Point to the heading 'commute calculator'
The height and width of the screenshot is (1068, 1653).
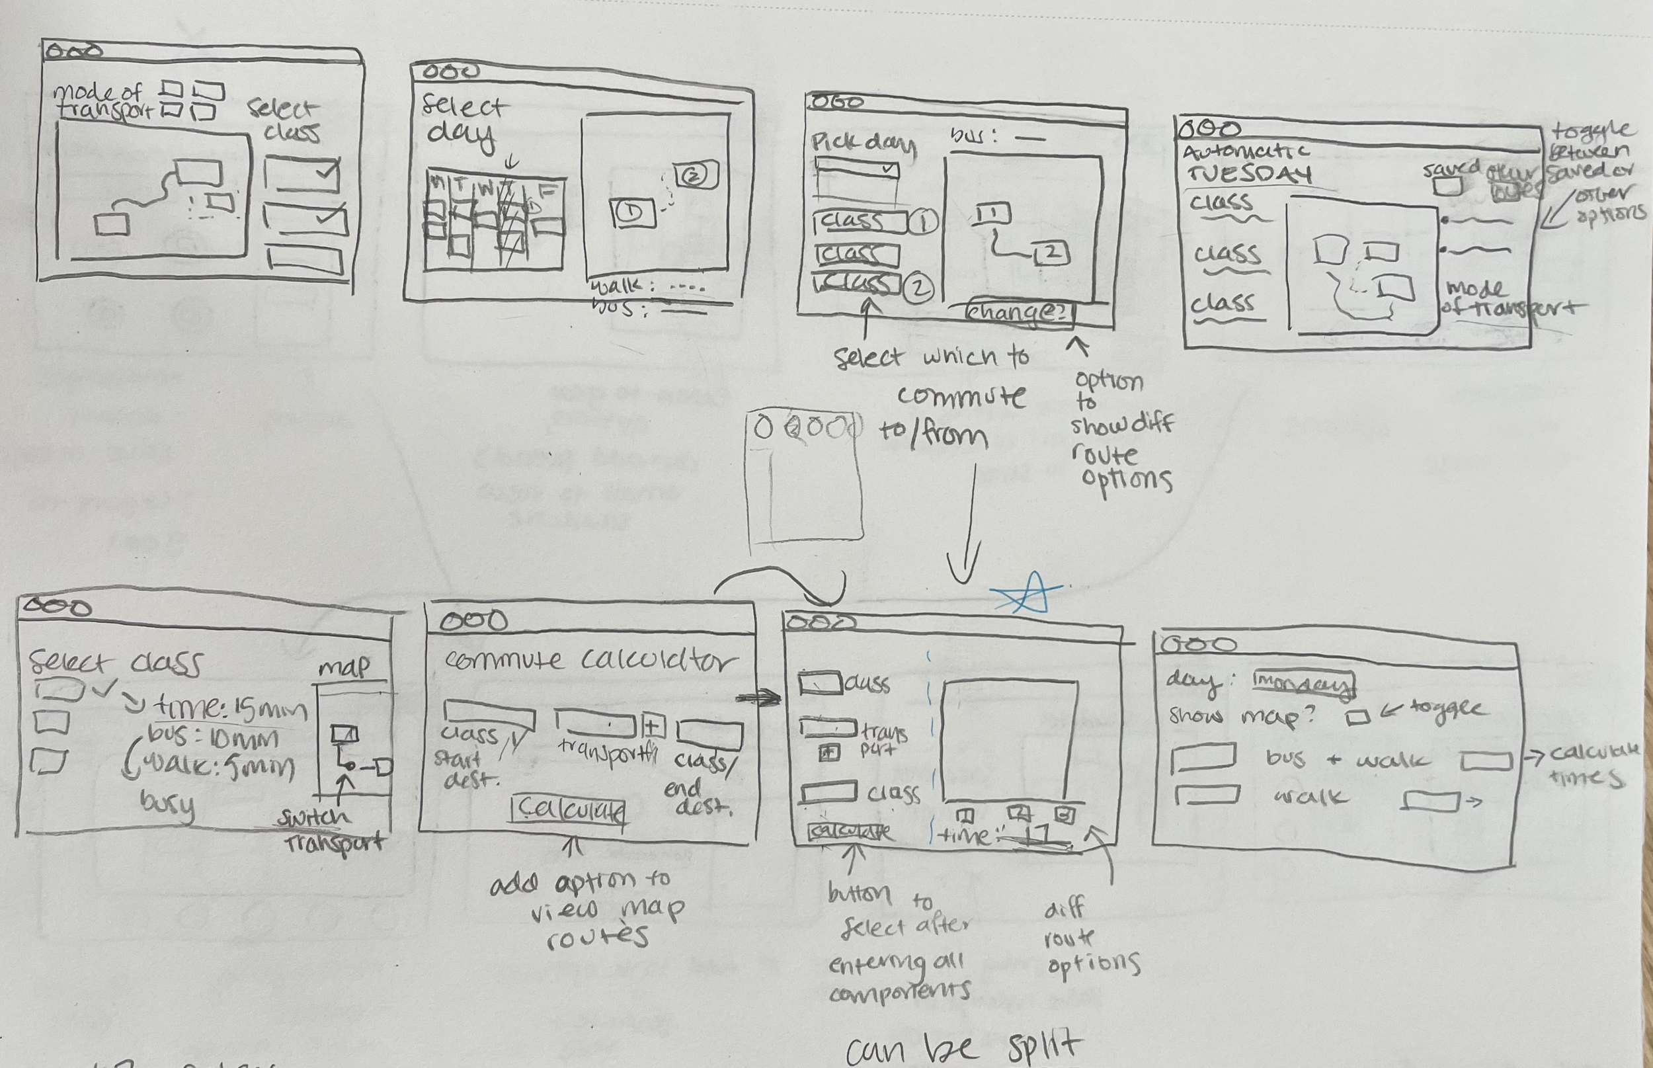point(589,659)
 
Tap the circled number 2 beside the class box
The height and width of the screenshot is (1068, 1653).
point(918,288)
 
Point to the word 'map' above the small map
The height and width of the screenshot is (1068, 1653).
point(344,667)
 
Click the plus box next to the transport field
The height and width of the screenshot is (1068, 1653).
point(653,727)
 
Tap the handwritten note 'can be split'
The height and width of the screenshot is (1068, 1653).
point(964,1049)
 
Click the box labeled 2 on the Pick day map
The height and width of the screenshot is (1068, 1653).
point(1051,255)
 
